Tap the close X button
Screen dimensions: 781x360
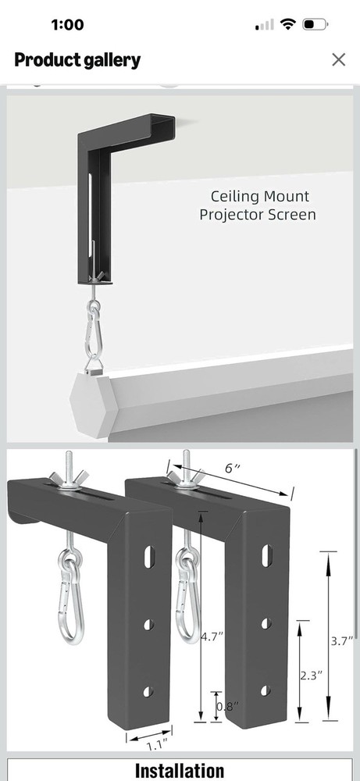(x=338, y=59)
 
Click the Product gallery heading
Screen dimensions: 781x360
(x=77, y=59)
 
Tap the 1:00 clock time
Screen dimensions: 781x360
(x=67, y=24)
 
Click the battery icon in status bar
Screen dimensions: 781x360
(x=315, y=24)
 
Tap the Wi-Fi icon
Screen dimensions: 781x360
(x=288, y=24)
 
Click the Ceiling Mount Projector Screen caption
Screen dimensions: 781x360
(x=259, y=205)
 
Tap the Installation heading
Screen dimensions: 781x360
(x=180, y=770)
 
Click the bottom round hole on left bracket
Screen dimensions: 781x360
(x=148, y=691)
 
